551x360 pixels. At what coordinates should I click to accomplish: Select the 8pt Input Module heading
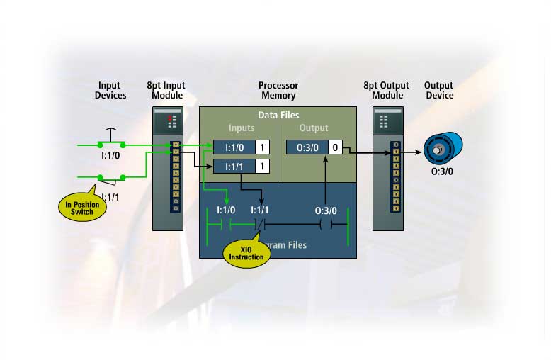point(167,90)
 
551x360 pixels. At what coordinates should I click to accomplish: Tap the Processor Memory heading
point(277,90)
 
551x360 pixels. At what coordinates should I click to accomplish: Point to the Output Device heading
point(439,90)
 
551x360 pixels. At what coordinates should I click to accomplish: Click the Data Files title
point(278,114)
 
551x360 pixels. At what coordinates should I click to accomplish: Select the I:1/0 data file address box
point(234,147)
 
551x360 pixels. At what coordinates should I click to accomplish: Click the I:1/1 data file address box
point(234,167)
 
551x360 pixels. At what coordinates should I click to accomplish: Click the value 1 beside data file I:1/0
point(262,147)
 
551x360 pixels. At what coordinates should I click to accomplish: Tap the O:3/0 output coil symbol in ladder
point(326,225)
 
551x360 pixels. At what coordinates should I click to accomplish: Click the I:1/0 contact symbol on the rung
point(225,225)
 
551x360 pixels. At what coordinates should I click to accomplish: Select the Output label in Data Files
point(314,128)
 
